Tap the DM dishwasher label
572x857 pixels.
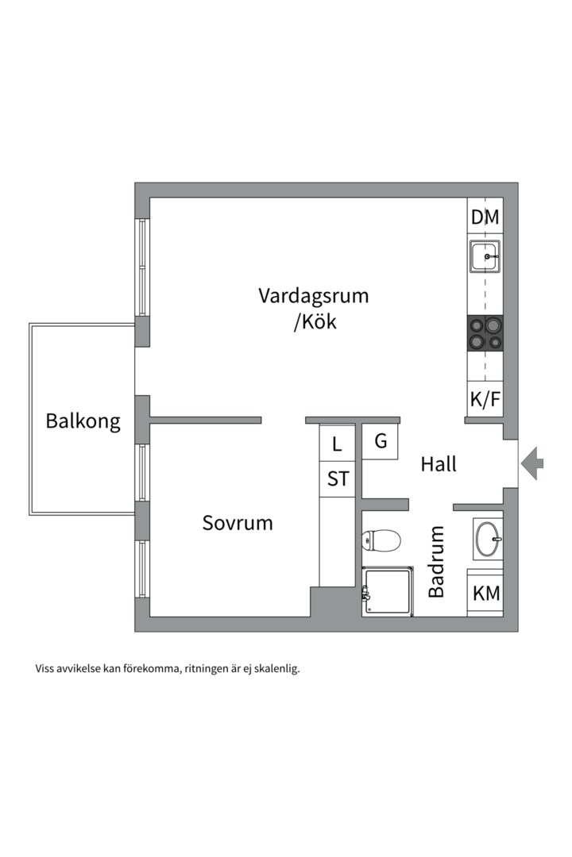[485, 217]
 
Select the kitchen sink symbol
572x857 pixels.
[484, 256]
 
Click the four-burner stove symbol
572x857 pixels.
[485, 332]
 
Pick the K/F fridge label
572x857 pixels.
[485, 399]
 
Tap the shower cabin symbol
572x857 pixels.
[388, 591]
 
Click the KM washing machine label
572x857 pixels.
[485, 593]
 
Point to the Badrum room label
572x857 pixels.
[436, 562]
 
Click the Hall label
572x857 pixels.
[439, 464]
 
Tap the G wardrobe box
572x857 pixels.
[381, 442]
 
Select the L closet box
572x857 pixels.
[337, 444]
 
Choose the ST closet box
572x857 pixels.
[338, 479]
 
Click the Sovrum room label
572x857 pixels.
[237, 523]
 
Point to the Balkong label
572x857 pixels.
[83, 421]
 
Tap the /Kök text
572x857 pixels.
[315, 322]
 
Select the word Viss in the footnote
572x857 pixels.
[45, 668]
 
